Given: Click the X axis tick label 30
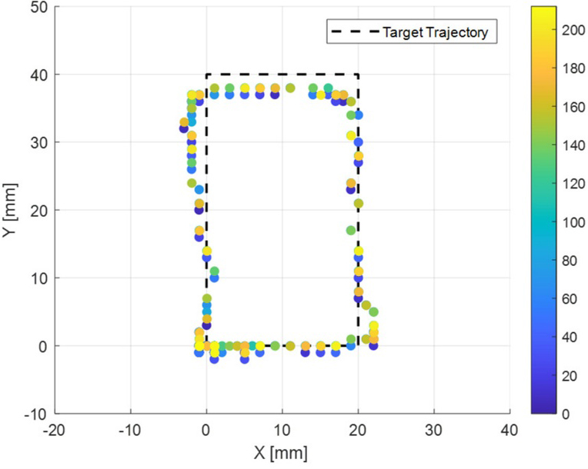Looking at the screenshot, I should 434,429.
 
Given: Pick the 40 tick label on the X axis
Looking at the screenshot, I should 509,429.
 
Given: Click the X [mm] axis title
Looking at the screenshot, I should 282,452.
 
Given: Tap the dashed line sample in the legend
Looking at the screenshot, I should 355,32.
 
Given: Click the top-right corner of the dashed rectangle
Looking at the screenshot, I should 358,75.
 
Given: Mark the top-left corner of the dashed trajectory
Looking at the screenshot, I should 206,75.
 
